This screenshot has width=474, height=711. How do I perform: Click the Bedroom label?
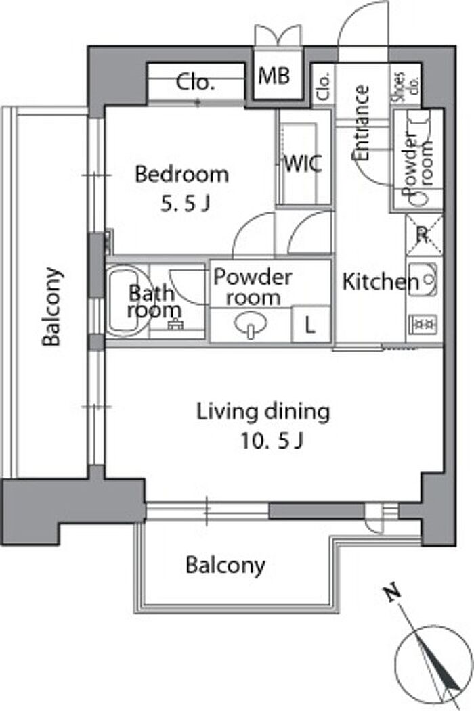(x=181, y=175)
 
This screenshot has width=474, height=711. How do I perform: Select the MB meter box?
(x=274, y=76)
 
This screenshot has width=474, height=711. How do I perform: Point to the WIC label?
(x=303, y=163)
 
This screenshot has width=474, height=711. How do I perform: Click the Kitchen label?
(x=381, y=281)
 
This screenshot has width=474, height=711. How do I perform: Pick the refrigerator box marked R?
(x=423, y=235)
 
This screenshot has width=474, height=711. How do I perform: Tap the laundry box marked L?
(x=310, y=325)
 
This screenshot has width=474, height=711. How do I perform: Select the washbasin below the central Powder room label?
(x=250, y=325)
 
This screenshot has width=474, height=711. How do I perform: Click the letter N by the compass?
(x=392, y=593)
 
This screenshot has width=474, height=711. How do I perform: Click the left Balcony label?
(x=51, y=307)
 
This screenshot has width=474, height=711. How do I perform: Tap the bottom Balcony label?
(x=225, y=566)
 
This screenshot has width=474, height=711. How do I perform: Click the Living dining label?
(x=263, y=412)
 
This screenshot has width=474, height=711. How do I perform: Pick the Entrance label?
(x=362, y=122)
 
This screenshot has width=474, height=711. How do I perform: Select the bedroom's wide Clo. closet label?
(x=195, y=82)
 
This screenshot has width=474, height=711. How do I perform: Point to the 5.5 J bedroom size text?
(x=185, y=204)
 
